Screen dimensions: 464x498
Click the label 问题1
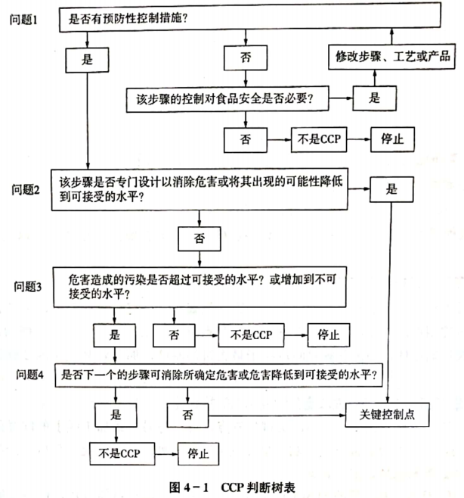click(x=23, y=20)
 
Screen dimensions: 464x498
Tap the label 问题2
click(x=26, y=190)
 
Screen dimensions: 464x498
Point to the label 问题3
click(x=28, y=287)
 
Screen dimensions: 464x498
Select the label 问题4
click(x=29, y=375)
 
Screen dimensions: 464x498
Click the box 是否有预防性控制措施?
click(x=250, y=17)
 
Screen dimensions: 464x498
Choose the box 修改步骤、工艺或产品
click(x=391, y=57)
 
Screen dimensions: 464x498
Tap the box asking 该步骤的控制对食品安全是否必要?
click(x=227, y=99)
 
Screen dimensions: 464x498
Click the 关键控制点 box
click(x=387, y=415)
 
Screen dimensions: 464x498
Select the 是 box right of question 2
click(x=391, y=189)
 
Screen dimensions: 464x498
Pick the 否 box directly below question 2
click(x=200, y=239)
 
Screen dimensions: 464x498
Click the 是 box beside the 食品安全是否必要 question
click(x=374, y=98)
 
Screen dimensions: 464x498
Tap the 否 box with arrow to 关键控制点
click(x=187, y=416)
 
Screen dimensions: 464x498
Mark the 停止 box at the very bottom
click(x=198, y=454)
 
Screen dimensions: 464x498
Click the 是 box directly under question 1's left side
click(x=87, y=60)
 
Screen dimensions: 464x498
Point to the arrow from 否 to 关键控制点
click(x=277, y=416)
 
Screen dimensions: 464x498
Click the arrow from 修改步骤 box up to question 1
click(x=391, y=36)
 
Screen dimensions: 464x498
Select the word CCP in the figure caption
click(x=232, y=487)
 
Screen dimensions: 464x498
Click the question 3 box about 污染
click(x=200, y=287)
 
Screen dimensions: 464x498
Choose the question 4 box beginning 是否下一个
click(x=219, y=375)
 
